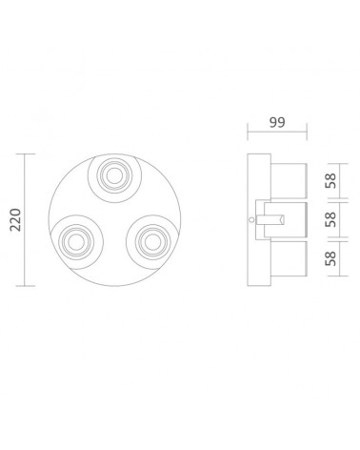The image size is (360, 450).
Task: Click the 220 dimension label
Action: [x=15, y=219]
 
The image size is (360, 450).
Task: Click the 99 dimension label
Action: [x=277, y=122]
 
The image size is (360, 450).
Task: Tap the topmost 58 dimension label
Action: [x=330, y=180]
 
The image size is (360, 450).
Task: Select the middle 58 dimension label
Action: [x=330, y=219]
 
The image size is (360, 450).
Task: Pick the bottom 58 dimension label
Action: [x=330, y=258]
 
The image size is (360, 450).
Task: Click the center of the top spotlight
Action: [x=114, y=175]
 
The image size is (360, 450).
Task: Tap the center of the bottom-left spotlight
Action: [x=76, y=242]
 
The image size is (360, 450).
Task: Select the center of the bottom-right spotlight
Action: [x=152, y=242]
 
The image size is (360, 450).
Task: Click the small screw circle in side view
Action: [x=251, y=219]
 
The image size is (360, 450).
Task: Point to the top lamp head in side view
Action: [x=289, y=180]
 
